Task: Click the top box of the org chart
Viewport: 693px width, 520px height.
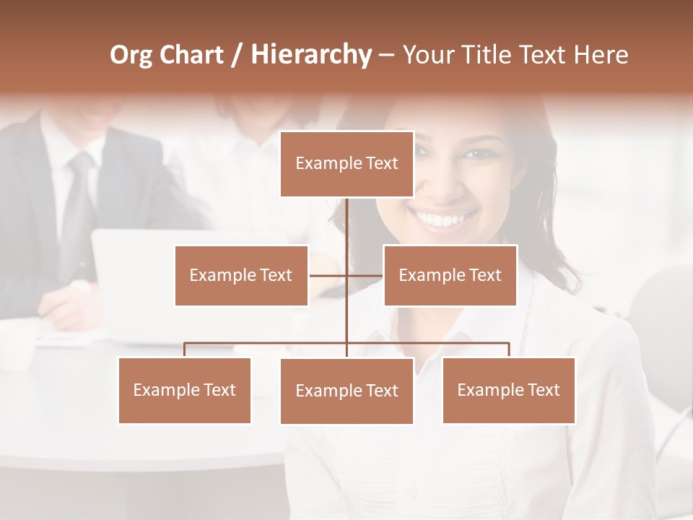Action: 346,164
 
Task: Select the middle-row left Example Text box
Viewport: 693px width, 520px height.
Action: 241,275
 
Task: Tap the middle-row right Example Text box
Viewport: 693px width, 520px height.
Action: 450,275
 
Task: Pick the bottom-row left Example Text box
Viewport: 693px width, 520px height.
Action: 185,390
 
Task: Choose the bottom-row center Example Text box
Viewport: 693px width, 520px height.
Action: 346,391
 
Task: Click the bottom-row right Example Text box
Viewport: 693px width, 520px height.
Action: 508,390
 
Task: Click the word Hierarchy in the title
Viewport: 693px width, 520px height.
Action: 310,55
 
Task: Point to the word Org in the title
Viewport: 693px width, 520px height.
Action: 131,55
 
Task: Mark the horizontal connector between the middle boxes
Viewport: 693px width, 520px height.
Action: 346,275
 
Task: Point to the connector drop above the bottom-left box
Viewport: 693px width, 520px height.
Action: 185,350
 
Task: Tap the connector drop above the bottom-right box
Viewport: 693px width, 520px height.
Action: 508,350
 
